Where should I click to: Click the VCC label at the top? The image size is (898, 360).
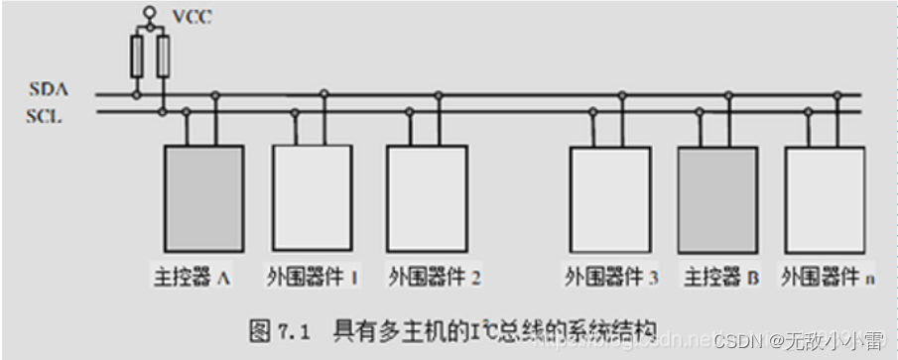point(192,17)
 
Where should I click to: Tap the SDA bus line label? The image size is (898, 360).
point(48,90)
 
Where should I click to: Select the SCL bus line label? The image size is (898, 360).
point(47,115)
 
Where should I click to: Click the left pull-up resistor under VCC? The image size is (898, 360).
point(137,56)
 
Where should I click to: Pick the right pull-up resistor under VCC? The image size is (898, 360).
point(163,56)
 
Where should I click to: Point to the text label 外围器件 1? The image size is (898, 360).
point(312,278)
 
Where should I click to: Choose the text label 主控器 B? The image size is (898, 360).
point(721,278)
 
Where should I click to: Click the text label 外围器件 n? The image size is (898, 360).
point(828,278)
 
